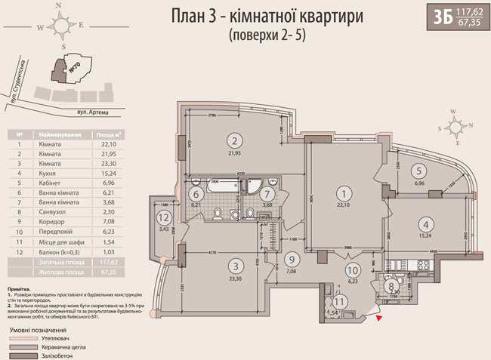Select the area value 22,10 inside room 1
point(344,205)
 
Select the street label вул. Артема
point(93,112)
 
